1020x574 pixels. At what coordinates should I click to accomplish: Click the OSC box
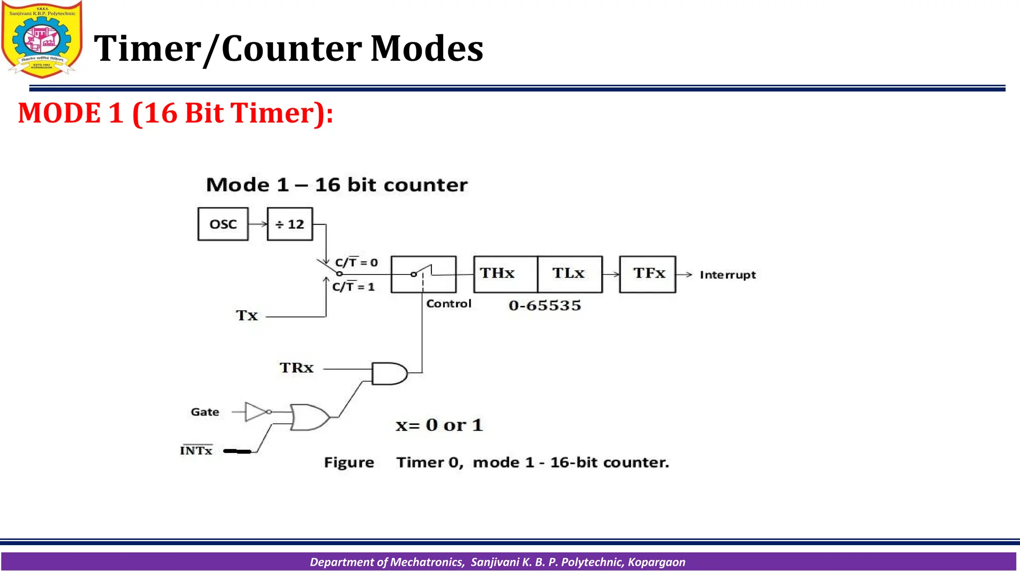click(x=223, y=224)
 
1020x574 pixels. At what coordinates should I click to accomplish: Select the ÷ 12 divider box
click(x=290, y=224)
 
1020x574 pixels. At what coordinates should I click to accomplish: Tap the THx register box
click(x=506, y=274)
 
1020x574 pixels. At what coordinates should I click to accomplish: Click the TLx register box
click(x=570, y=274)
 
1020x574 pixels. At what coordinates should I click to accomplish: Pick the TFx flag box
click(x=647, y=274)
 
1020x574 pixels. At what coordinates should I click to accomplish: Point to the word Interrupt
click(x=728, y=275)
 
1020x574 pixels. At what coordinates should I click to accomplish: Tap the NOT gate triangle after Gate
click(x=256, y=412)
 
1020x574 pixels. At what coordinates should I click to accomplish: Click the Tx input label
click(x=247, y=315)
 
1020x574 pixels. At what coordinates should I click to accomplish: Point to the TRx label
click(x=296, y=368)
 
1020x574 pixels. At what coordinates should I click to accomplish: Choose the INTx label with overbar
click(x=196, y=450)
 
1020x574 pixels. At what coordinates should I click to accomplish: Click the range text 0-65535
click(x=545, y=305)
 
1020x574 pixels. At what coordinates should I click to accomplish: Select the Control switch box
click(x=423, y=274)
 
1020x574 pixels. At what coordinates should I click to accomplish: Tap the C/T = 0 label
click(x=356, y=263)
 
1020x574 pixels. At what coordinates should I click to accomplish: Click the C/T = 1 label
click(x=353, y=287)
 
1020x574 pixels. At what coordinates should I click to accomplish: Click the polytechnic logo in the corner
click(x=42, y=39)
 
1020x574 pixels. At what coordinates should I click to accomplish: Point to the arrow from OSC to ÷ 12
click(x=257, y=224)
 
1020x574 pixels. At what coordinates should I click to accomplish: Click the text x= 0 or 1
click(x=439, y=425)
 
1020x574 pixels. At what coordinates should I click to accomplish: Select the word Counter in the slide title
click(x=292, y=49)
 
